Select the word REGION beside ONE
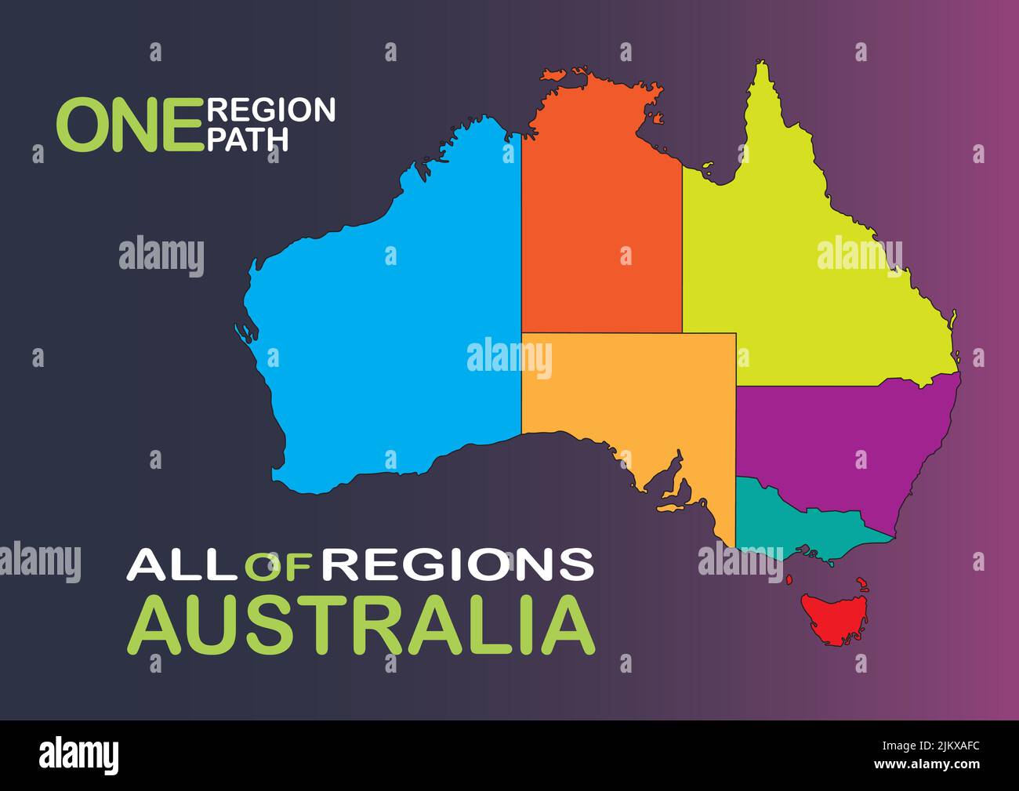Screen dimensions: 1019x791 (x=271, y=110)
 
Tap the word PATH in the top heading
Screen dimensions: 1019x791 (x=247, y=139)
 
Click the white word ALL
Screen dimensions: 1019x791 (x=184, y=564)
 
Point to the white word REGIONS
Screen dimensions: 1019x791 (x=459, y=564)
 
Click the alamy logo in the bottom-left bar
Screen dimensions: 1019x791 (x=79, y=756)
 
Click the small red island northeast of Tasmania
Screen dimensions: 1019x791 (x=862, y=585)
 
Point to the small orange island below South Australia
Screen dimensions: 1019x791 (x=671, y=507)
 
